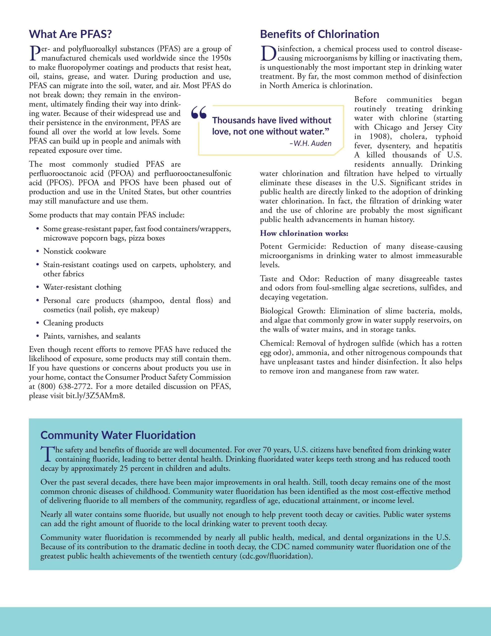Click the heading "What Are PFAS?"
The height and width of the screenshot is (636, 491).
(70, 34)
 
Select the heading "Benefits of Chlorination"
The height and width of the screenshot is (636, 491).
(319, 34)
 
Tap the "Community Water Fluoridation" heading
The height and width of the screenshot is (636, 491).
(118, 435)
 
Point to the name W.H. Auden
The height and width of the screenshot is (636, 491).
(312, 143)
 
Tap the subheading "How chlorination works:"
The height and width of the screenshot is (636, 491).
(304, 233)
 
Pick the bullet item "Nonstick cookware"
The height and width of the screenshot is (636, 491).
(74, 251)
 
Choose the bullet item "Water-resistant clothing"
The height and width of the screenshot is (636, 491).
(82, 287)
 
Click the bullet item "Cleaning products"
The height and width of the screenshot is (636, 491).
(73, 323)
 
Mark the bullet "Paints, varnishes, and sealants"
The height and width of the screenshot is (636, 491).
(92, 336)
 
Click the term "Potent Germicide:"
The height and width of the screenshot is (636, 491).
(292, 246)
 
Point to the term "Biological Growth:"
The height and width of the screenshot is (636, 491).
(292, 311)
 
